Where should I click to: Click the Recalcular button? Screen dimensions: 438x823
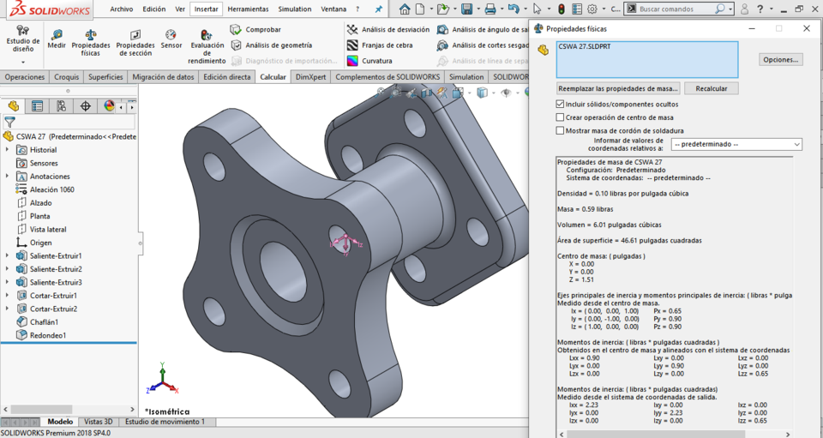[711, 88]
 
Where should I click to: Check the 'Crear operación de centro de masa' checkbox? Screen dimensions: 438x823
[561, 117]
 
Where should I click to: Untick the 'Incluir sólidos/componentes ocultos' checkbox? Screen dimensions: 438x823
[561, 104]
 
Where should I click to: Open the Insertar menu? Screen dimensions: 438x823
[206, 9]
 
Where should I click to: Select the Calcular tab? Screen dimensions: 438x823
[273, 77]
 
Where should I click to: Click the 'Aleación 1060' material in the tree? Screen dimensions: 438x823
[51, 189]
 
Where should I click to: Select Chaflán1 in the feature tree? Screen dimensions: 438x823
[44, 322]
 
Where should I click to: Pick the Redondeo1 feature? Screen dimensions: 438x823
[47, 335]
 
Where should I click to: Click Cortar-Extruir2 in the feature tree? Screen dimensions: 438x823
[53, 309]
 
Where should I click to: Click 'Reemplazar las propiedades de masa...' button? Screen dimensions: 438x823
[618, 88]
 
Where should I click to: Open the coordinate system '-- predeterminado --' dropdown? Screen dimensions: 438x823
[736, 144]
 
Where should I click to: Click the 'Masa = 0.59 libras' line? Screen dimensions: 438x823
[586, 209]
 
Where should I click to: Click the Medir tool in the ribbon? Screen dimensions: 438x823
[57, 39]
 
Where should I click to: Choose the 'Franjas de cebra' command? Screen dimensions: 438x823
[386, 45]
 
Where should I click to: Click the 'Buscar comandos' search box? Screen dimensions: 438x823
[677, 9]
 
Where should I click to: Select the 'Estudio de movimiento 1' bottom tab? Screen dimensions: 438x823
[165, 422]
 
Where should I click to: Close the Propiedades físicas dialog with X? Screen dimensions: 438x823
[807, 28]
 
